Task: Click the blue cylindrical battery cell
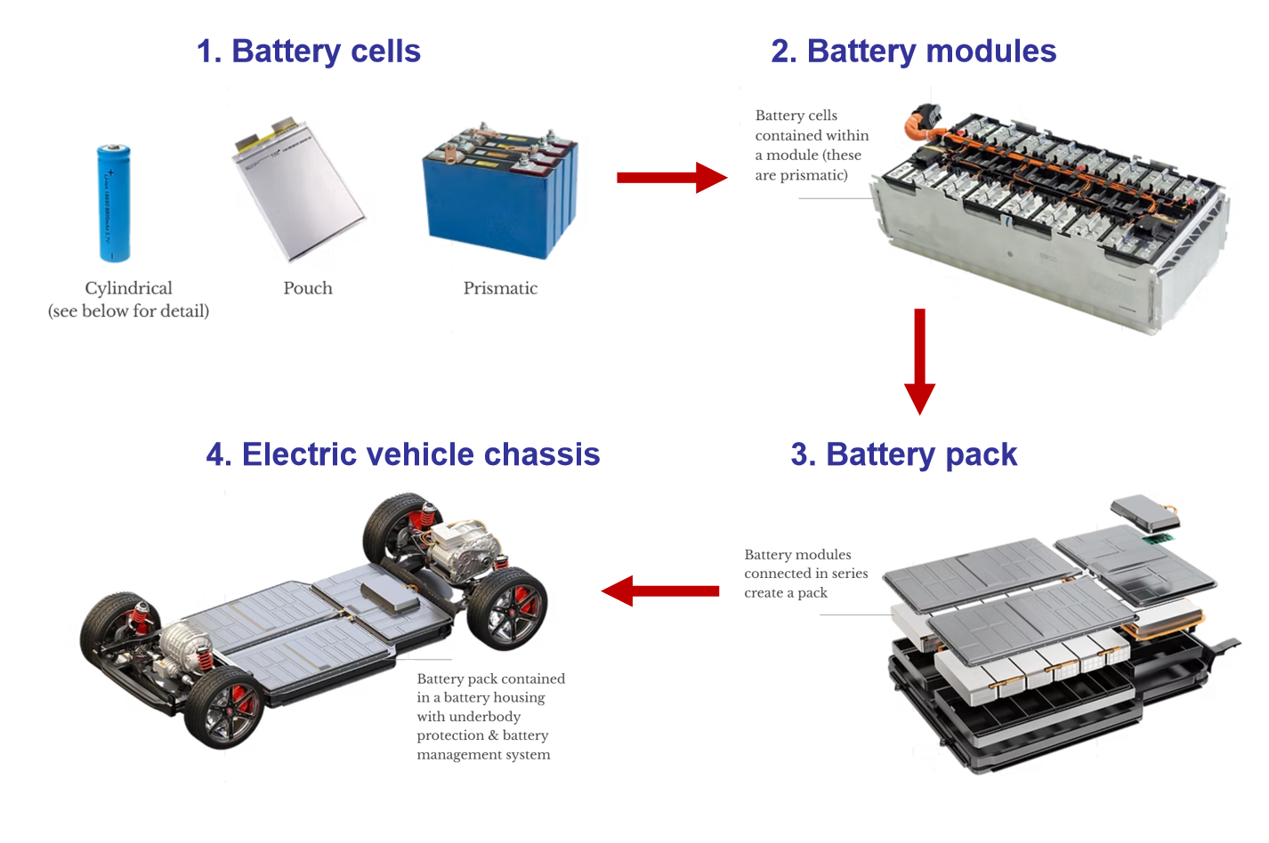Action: [114, 204]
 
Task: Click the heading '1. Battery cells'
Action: [308, 52]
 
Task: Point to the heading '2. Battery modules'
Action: [913, 52]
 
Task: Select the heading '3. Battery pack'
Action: [903, 454]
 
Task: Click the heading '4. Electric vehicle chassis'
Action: [403, 454]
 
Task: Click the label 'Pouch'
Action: [308, 288]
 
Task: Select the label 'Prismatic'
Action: [500, 288]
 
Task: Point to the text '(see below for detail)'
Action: [129, 311]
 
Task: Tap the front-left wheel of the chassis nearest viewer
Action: [223, 708]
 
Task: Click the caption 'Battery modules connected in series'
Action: [805, 574]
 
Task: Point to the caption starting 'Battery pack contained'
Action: [490, 716]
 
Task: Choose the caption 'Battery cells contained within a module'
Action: [811, 145]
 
